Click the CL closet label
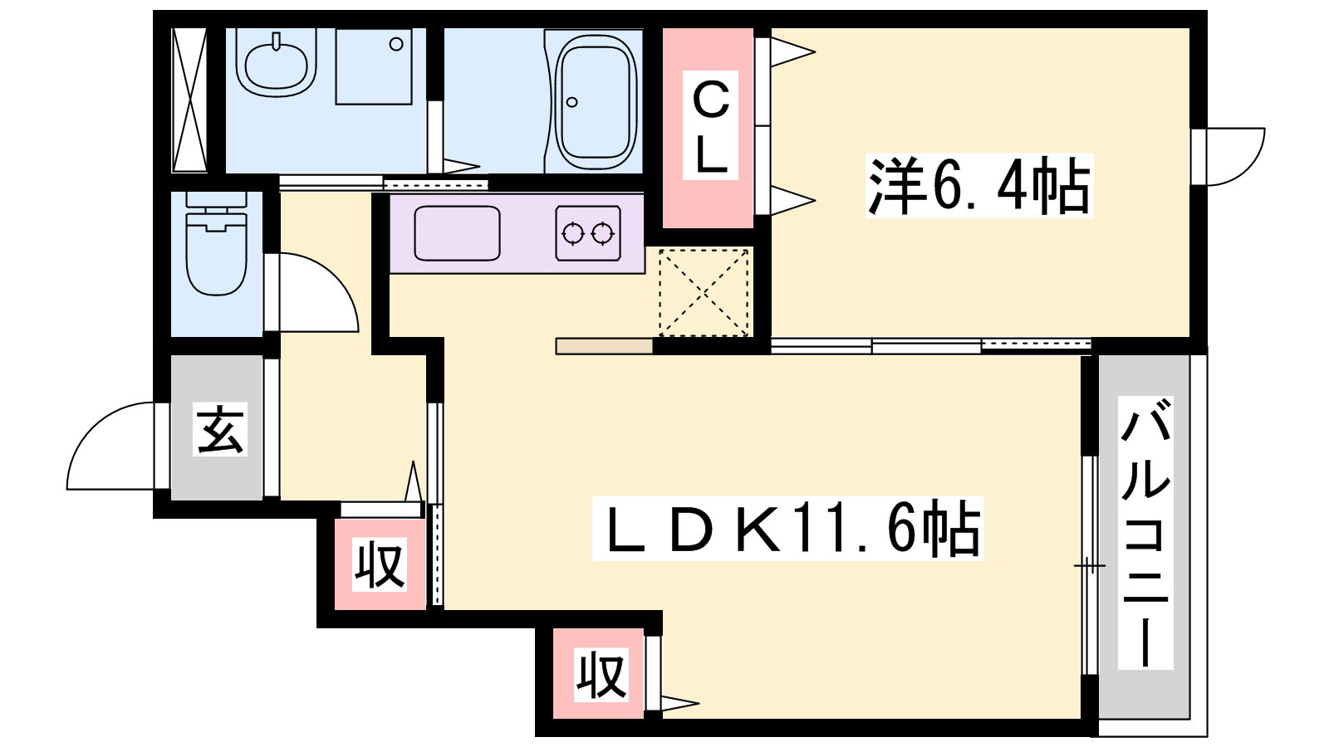[710, 125]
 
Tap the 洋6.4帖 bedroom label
[979, 186]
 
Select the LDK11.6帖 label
[788, 528]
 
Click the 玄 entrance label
[220, 429]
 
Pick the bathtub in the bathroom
[595, 101]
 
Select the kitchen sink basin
[457, 233]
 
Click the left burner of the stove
[572, 233]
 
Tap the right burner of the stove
[603, 233]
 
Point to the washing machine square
[374, 66]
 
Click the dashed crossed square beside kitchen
[704, 292]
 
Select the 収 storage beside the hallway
[380, 564]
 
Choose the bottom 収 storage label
[601, 675]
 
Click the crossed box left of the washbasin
[189, 100]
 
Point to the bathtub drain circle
[572, 102]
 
